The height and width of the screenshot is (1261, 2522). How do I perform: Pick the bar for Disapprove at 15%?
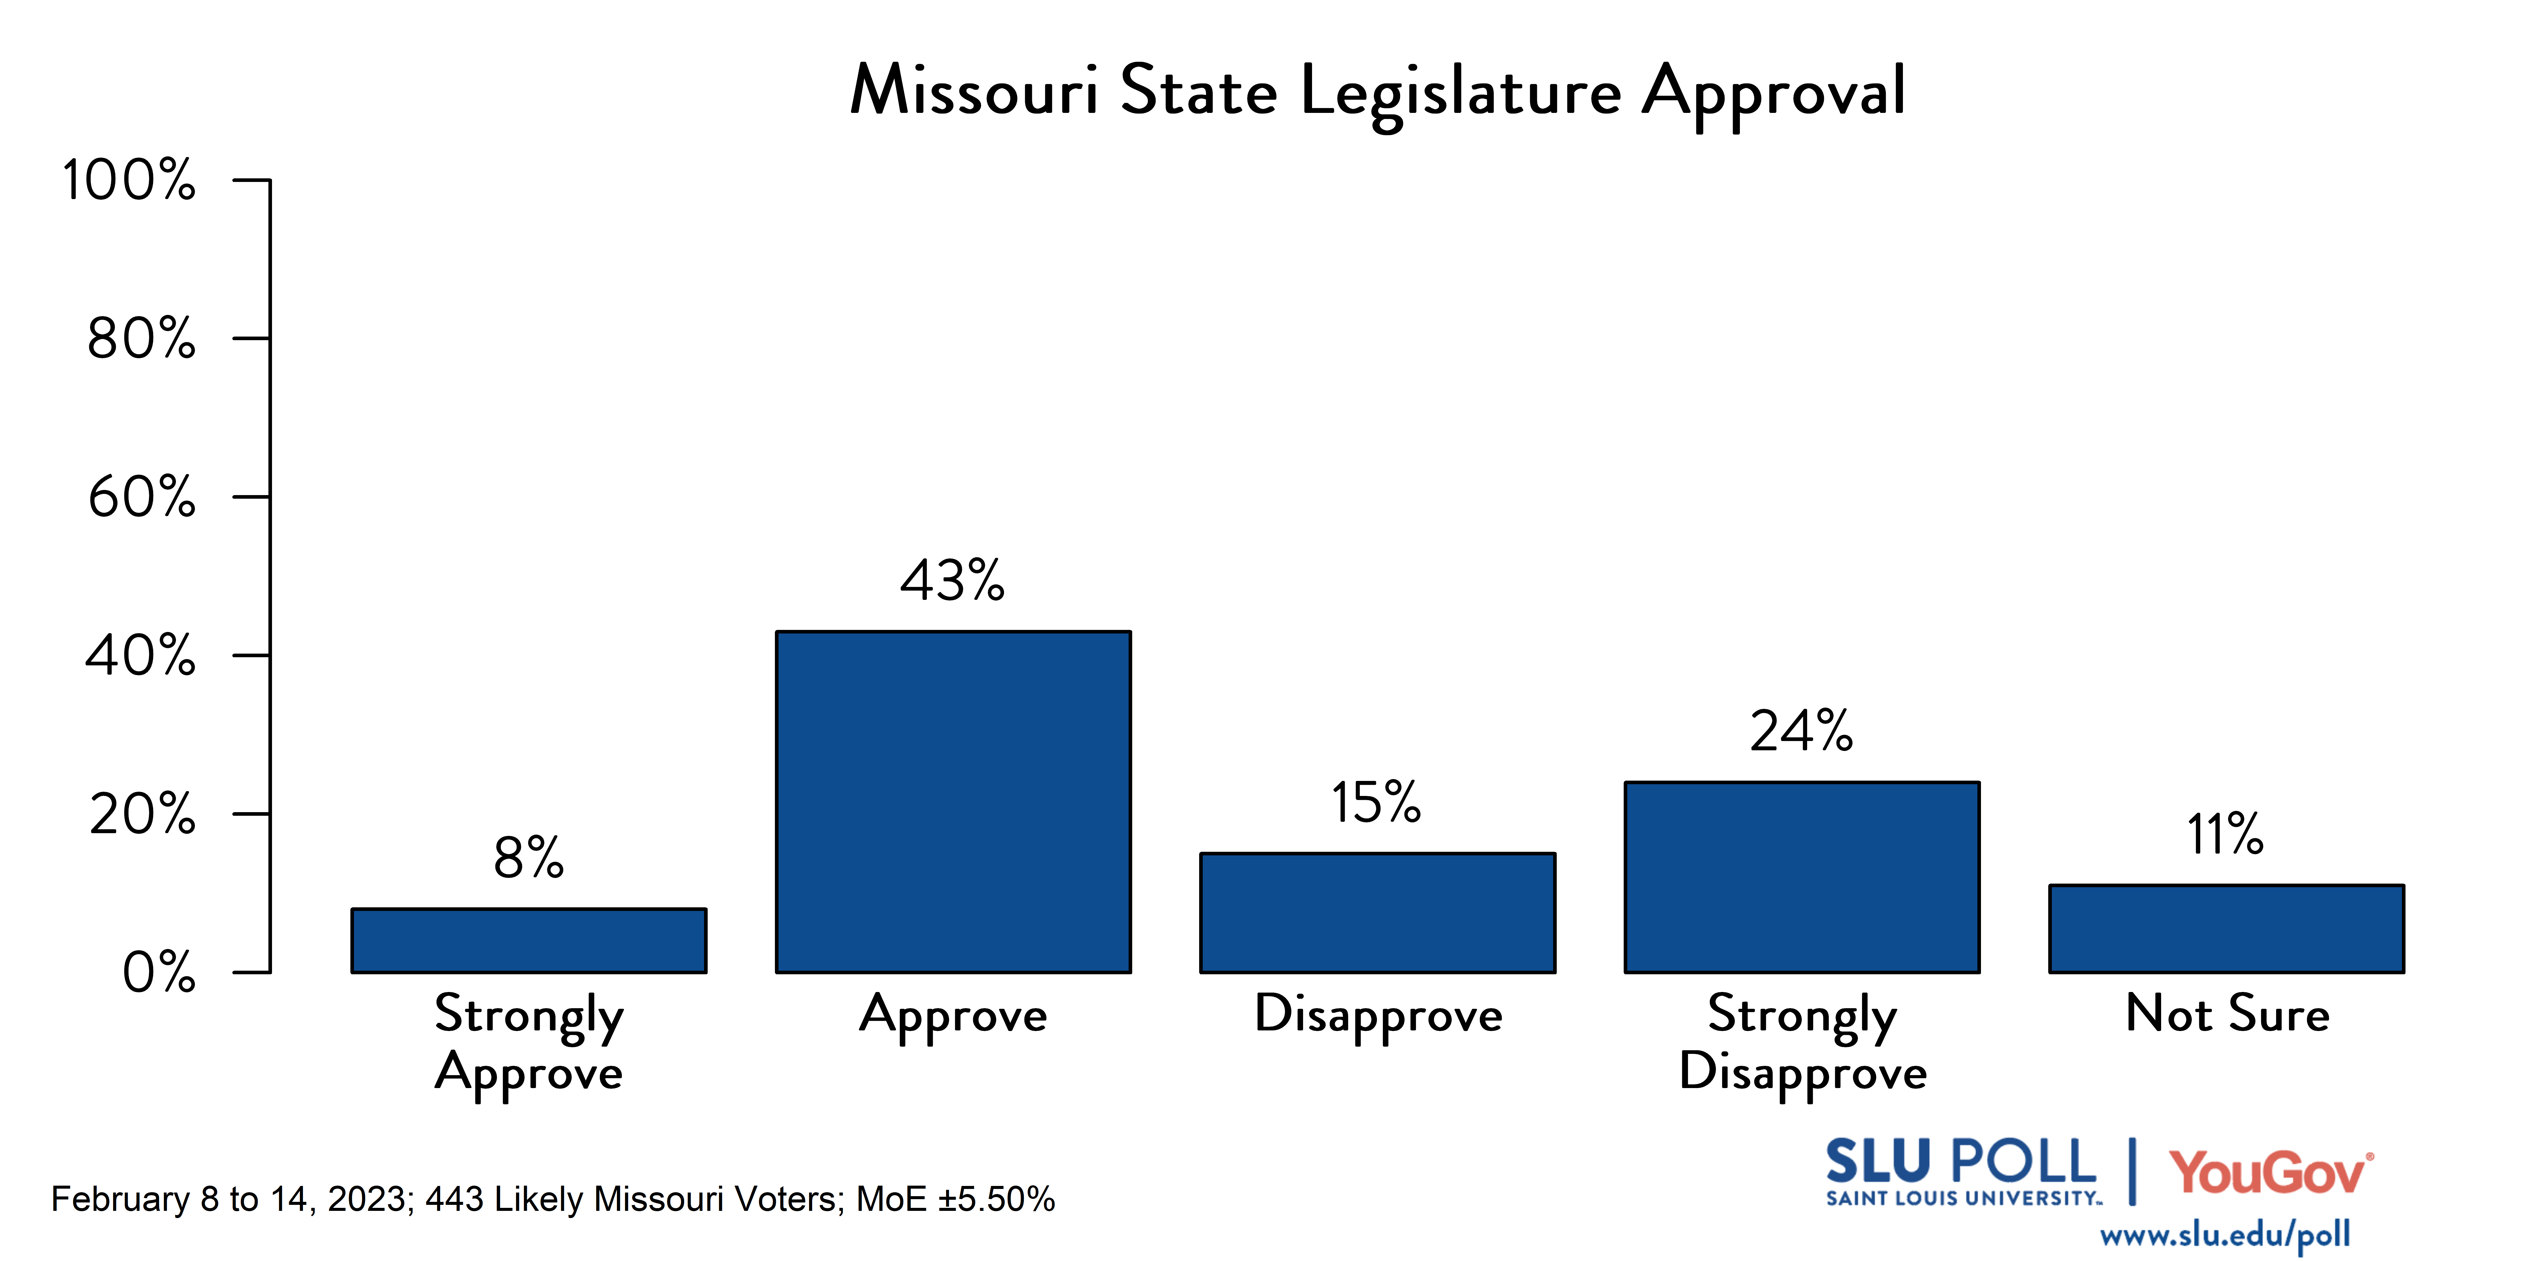[1377, 912]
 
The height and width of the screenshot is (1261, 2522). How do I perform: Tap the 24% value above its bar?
[1801, 731]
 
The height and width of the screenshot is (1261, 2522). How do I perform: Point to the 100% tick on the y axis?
[129, 180]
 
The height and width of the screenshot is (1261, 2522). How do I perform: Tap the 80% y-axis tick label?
[142, 339]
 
